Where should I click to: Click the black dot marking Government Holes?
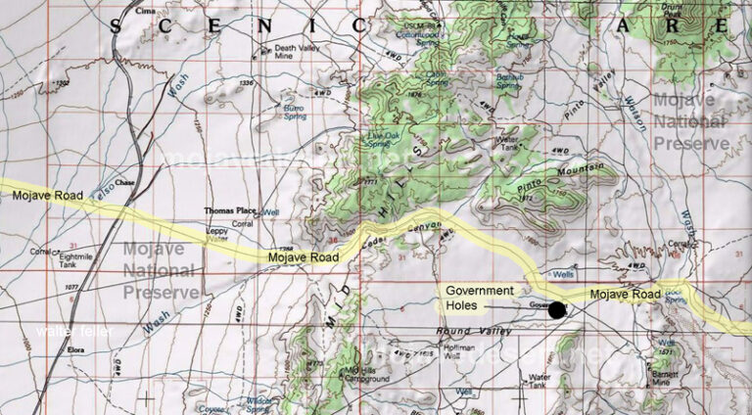[x=557, y=310]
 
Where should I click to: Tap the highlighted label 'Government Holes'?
[x=479, y=298]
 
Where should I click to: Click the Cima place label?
[x=146, y=11]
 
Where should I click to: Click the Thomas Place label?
[x=227, y=210]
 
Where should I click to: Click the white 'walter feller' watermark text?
[x=74, y=332]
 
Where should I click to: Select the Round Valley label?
[x=481, y=334]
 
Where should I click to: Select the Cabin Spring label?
[x=436, y=74]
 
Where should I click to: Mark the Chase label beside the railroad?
[x=123, y=182]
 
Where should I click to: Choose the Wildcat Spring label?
[x=259, y=404]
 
